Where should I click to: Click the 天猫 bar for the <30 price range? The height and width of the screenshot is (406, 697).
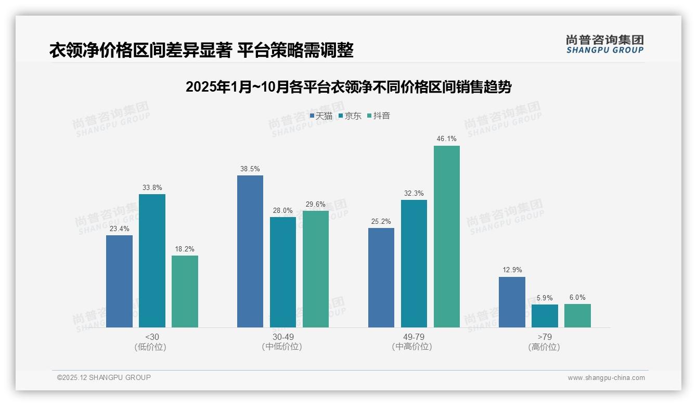point(119,281)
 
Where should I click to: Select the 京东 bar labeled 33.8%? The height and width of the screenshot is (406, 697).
point(152,260)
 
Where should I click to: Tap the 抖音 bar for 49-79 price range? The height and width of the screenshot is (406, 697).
point(447,236)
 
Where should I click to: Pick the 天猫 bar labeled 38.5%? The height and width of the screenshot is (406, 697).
point(250,251)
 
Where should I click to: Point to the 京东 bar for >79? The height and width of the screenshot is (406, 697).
point(545,316)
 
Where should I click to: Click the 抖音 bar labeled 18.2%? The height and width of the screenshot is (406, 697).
point(185,291)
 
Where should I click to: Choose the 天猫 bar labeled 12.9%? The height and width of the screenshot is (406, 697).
point(512,302)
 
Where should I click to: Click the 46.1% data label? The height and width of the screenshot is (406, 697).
point(447,139)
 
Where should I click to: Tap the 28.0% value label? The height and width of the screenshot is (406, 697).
point(283,210)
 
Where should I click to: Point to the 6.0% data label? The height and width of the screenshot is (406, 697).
point(577,298)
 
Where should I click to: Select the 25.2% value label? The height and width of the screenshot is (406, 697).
point(381,221)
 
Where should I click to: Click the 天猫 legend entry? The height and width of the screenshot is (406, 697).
point(321,116)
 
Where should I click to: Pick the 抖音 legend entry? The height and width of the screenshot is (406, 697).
point(379,116)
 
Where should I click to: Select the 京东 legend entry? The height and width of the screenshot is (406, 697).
point(350,116)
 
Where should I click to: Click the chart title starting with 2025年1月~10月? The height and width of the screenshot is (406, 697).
point(348,87)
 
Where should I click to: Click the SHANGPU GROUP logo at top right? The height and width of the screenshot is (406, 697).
point(605,44)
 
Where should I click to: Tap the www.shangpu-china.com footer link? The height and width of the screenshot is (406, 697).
point(606,378)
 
